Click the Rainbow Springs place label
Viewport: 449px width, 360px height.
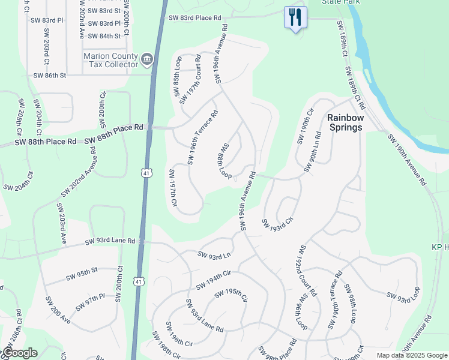[x=345, y=122]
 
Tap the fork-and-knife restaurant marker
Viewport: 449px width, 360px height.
[x=295, y=17]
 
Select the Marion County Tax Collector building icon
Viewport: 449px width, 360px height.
[x=147, y=59]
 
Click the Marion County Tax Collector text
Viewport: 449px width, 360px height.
[x=110, y=60]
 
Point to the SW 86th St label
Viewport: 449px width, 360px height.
[x=49, y=76]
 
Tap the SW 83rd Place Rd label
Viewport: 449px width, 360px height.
[x=195, y=18]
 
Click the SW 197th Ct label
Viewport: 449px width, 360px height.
[x=173, y=188]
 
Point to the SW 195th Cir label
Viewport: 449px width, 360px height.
[x=231, y=295]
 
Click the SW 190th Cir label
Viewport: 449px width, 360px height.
[x=305, y=126]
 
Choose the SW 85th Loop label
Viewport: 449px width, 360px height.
[x=177, y=76]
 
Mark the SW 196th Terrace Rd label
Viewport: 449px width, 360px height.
[x=202, y=137]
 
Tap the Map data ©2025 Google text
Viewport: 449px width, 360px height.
[x=411, y=355]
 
